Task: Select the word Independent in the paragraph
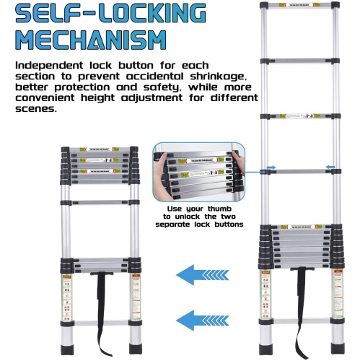click(44, 65)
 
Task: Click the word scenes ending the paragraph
click(35, 110)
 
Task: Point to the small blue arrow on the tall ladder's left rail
click(271, 169)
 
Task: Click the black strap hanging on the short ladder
click(101, 310)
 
